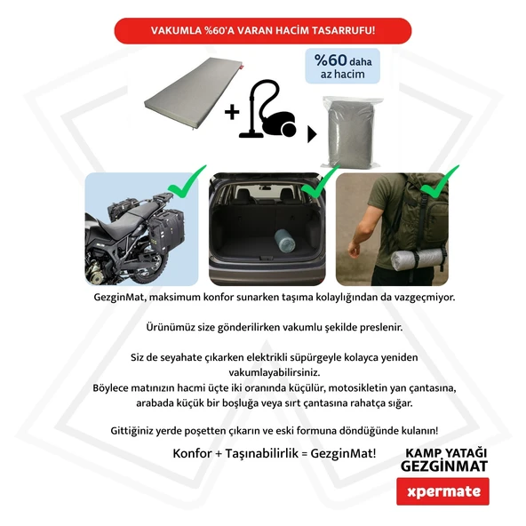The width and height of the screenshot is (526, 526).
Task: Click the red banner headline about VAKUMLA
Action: [262, 31]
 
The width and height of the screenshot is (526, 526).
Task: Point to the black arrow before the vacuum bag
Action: [312, 135]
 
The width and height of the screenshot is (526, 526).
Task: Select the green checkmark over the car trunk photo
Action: [320, 181]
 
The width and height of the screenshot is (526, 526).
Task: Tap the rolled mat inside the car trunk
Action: [285, 239]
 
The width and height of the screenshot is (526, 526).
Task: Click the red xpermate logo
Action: [442, 490]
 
